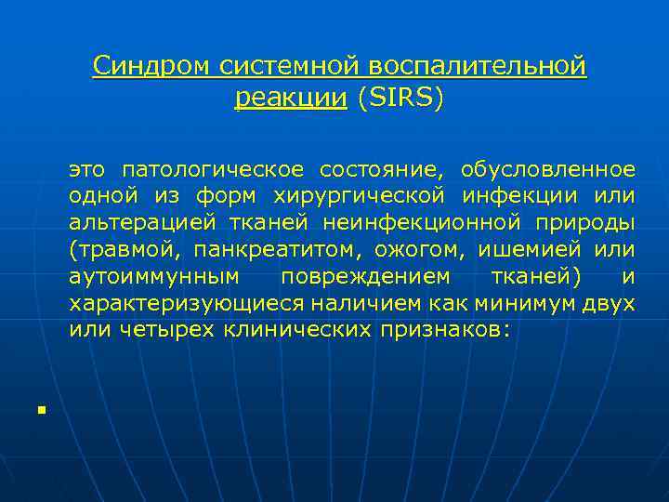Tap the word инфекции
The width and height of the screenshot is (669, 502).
[534, 196]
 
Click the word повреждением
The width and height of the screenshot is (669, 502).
[365, 276]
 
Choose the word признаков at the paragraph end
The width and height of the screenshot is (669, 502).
[444, 330]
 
